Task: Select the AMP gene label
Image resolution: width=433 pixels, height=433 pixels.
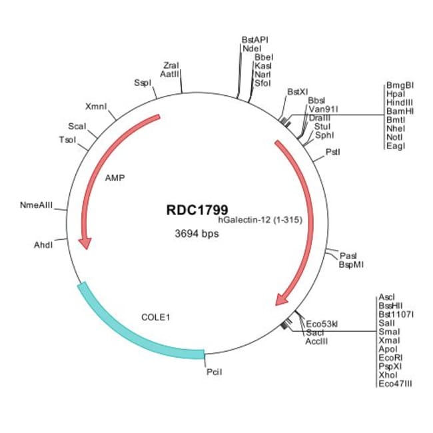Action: (115, 179)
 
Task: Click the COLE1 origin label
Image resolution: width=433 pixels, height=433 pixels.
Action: (156, 317)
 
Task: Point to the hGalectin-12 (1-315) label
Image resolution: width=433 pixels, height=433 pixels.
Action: (260, 220)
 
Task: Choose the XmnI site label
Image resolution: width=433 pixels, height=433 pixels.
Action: (97, 107)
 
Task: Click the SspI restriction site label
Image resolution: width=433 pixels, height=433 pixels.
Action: (143, 83)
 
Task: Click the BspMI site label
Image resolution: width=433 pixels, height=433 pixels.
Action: (351, 264)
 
